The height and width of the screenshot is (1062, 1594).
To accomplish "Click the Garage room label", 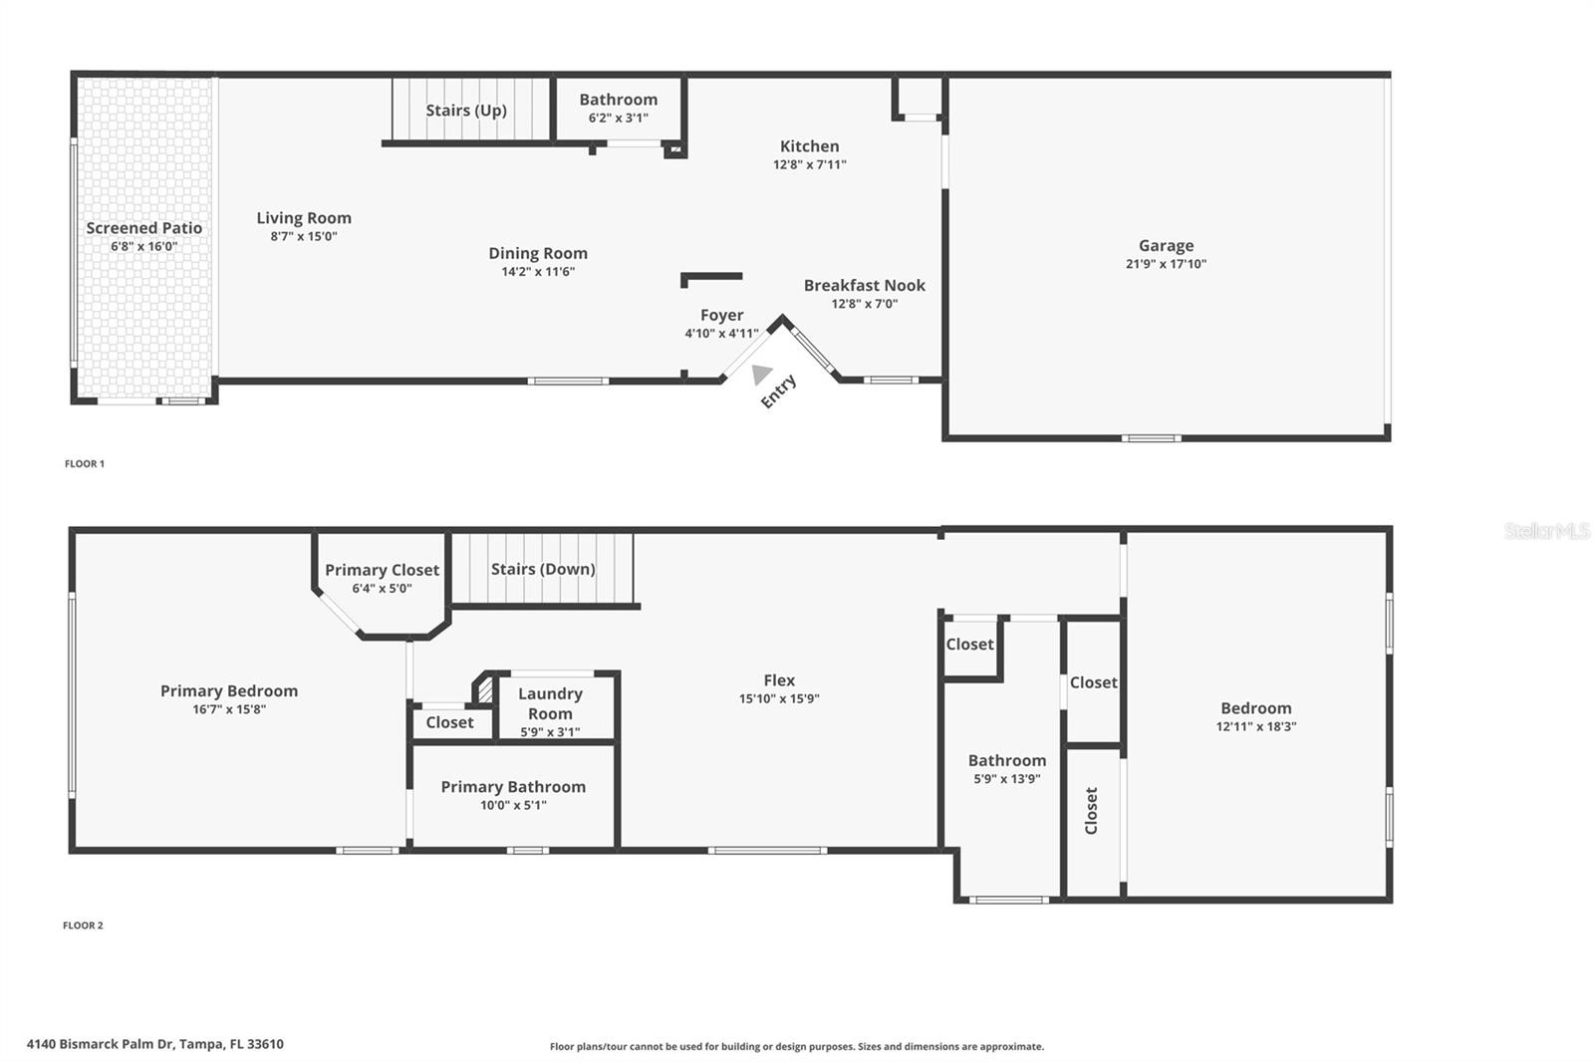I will [1166, 245].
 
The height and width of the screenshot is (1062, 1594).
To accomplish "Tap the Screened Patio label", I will [143, 228].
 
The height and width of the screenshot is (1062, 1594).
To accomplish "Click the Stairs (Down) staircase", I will [543, 569].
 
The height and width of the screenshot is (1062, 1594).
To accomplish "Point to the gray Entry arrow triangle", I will [760, 375].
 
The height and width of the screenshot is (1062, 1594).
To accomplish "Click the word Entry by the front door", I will [778, 391].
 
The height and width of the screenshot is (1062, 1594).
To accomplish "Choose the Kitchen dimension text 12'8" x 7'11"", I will [809, 164].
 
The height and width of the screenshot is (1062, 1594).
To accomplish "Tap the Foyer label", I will [721, 315].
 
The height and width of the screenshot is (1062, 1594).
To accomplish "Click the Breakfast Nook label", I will [864, 286].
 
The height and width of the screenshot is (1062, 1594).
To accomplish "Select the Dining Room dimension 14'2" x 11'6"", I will [538, 271].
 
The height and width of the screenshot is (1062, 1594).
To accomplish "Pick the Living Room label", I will [304, 218].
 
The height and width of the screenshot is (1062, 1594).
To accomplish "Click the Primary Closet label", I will [382, 570].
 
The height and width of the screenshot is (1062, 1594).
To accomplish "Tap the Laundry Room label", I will [550, 703].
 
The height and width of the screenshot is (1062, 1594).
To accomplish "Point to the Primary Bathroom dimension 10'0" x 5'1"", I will [513, 805].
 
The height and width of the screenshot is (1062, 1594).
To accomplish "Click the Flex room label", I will [779, 680].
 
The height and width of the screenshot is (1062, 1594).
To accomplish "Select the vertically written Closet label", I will [1091, 811].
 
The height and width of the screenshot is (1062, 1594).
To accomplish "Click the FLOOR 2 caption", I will [83, 926].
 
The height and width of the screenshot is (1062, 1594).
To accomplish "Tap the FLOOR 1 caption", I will [85, 463].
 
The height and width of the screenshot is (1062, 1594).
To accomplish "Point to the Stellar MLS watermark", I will [1546, 531].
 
